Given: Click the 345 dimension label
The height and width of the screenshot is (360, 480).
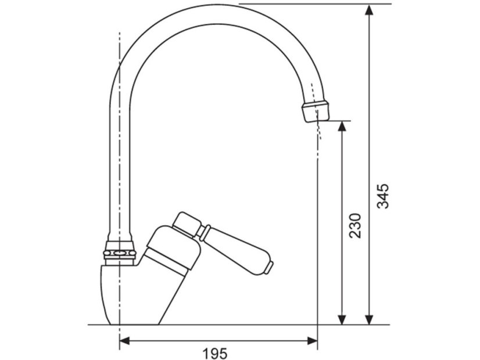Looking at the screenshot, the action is tap(382, 196).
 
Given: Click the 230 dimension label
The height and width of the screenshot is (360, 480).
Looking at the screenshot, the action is tap(355, 226).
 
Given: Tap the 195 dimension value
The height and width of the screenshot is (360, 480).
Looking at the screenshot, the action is tap(215, 354).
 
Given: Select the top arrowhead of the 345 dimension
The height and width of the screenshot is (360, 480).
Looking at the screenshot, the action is tap(370, 10).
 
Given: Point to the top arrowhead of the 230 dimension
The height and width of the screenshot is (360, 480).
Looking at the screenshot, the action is tap(342, 127).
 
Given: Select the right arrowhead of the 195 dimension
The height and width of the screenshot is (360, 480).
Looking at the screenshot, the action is tap(311, 340).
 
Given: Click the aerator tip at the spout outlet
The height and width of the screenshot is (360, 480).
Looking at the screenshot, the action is tap(317, 111).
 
